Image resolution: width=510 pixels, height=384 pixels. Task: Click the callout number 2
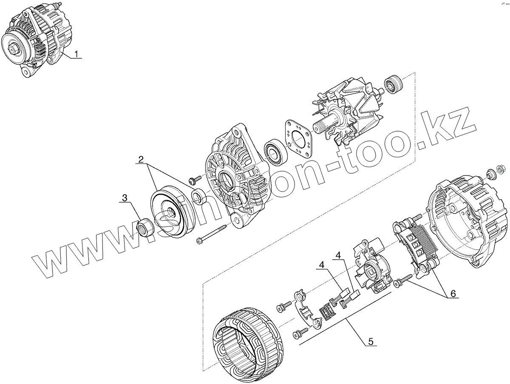141,160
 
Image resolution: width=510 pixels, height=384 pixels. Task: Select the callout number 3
125,198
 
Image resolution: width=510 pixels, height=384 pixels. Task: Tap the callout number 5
371,341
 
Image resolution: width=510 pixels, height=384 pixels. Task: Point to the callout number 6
453,294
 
